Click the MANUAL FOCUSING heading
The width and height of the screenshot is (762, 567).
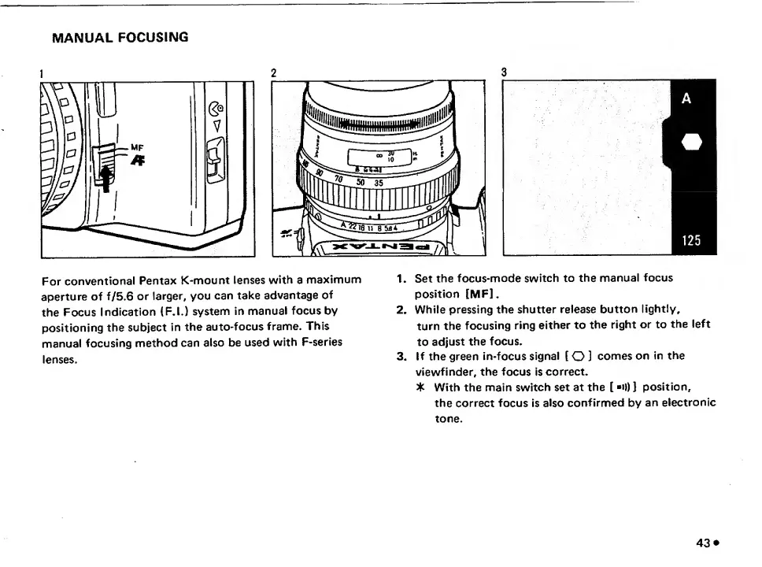120,37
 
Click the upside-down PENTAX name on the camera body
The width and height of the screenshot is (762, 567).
382,246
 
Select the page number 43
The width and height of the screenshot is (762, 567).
703,543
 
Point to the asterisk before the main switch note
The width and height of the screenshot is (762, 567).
422,387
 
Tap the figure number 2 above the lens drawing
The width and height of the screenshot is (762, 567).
273,73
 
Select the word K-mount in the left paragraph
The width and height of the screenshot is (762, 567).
205,280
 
